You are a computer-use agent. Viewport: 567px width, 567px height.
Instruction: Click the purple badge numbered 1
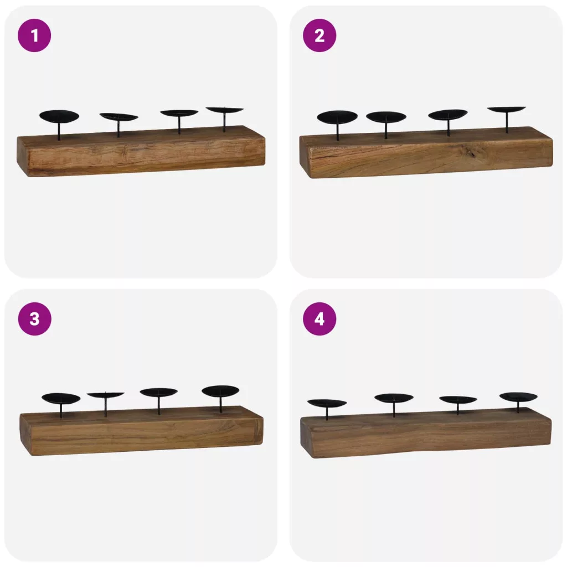pyautogui.click(x=34, y=35)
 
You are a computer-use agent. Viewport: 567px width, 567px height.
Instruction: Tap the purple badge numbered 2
pyautogui.click(x=319, y=35)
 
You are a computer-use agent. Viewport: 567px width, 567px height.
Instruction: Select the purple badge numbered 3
pyautogui.click(x=34, y=319)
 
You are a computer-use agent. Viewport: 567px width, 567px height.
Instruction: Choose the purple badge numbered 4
pyautogui.click(x=319, y=319)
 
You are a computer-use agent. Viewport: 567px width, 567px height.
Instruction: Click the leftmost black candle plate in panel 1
pyautogui.click(x=59, y=117)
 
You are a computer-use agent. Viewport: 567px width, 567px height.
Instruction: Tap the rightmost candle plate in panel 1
pyautogui.click(x=225, y=110)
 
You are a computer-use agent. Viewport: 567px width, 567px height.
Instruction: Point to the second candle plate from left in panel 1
pyautogui.click(x=118, y=117)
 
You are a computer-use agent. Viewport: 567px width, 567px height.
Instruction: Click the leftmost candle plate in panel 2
pyautogui.click(x=337, y=117)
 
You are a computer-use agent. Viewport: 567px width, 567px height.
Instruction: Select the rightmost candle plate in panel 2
pyautogui.click(x=507, y=109)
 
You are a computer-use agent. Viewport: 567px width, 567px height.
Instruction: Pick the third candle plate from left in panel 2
pyautogui.click(x=447, y=114)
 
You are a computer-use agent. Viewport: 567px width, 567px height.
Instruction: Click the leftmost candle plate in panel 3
pyautogui.click(x=61, y=399)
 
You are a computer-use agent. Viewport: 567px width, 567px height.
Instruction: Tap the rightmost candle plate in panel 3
pyautogui.click(x=220, y=391)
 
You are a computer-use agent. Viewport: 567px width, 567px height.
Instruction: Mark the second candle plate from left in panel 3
pyautogui.click(x=105, y=395)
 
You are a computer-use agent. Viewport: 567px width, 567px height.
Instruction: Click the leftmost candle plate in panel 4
pyautogui.click(x=327, y=403)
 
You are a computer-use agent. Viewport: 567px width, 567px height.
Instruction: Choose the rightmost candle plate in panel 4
pyautogui.click(x=518, y=396)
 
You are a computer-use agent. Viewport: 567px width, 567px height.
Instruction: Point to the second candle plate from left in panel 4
pyautogui.click(x=394, y=398)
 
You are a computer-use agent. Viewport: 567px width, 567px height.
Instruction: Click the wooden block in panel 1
pyautogui.click(x=141, y=151)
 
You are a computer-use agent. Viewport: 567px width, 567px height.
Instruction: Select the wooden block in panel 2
pyautogui.click(x=426, y=152)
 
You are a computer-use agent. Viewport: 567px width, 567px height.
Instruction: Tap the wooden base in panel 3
pyautogui.click(x=141, y=430)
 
